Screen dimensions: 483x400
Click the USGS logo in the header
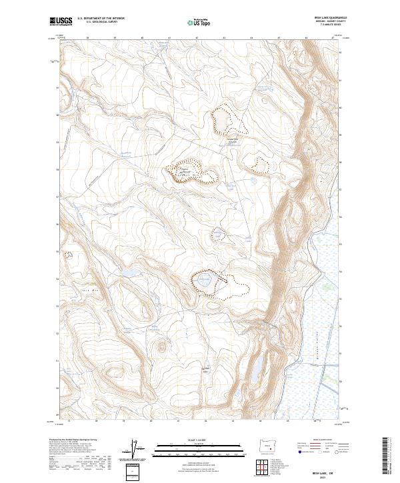61,22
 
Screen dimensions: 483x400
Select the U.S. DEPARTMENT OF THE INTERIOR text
101,19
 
